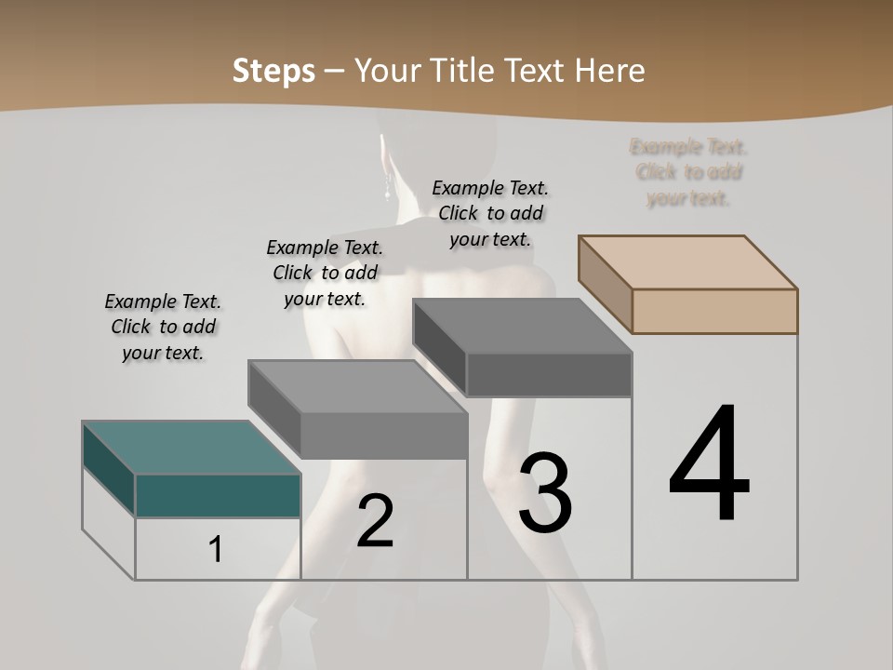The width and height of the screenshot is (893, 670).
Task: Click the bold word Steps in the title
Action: tap(273, 71)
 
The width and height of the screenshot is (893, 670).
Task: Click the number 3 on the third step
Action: tap(545, 493)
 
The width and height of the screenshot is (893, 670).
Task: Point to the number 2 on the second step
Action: tap(375, 522)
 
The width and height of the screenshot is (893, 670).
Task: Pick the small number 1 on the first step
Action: tap(216, 550)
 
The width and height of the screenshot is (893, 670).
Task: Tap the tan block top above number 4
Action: tap(686, 261)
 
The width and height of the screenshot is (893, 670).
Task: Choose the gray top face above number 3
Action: tap(521, 326)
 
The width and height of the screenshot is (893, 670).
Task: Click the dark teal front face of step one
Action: tap(218, 495)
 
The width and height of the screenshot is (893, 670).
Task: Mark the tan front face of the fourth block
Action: tap(714, 311)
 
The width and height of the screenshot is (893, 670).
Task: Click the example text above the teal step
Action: tap(163, 327)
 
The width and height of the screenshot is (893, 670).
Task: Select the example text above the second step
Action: tap(325, 273)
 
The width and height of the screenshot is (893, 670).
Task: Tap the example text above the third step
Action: tap(490, 213)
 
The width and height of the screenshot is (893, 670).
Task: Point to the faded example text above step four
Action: tap(688, 172)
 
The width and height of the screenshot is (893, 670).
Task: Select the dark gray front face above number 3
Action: tap(549, 375)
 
